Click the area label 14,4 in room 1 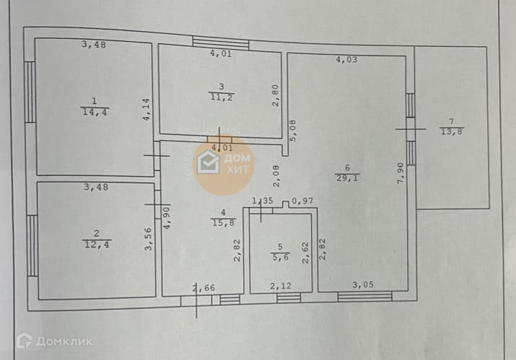[92, 112]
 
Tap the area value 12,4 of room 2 [96, 244]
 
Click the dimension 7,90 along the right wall [401, 174]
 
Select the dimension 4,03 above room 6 [346, 61]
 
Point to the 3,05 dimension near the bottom [364, 286]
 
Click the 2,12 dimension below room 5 [281, 286]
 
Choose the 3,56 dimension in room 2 [149, 239]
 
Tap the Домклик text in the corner [54, 341]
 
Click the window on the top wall [220, 42]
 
